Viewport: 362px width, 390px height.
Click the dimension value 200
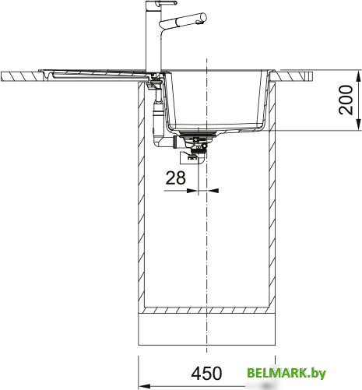[x=346, y=100]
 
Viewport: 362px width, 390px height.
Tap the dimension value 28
[x=176, y=177]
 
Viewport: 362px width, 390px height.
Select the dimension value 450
[x=206, y=374]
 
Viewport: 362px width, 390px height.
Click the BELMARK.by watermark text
[x=286, y=373]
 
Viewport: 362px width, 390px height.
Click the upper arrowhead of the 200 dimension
[x=359, y=76]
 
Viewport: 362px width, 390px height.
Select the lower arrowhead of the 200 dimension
[x=359, y=125]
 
